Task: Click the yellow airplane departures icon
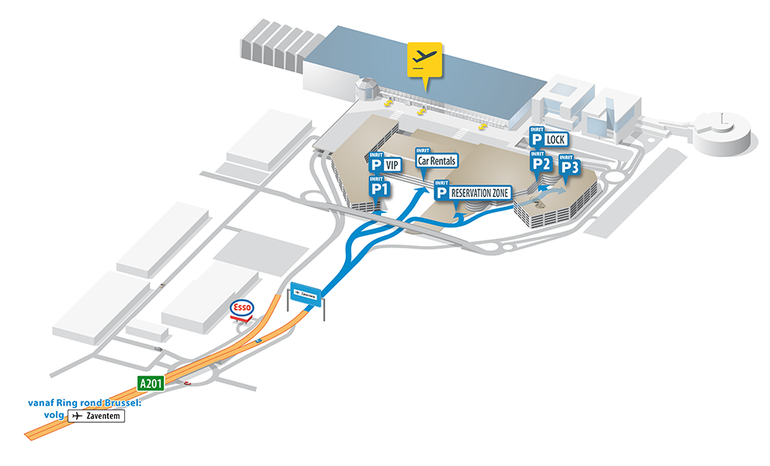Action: (424, 60)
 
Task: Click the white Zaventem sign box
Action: (97, 416)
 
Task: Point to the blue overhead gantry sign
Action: (306, 294)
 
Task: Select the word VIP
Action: (393, 166)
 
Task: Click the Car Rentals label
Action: (436, 160)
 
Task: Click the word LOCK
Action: (555, 140)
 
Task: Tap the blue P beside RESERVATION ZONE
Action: (442, 193)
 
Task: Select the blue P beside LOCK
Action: (537, 140)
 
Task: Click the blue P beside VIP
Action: (376, 166)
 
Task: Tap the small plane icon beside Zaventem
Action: (76, 416)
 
